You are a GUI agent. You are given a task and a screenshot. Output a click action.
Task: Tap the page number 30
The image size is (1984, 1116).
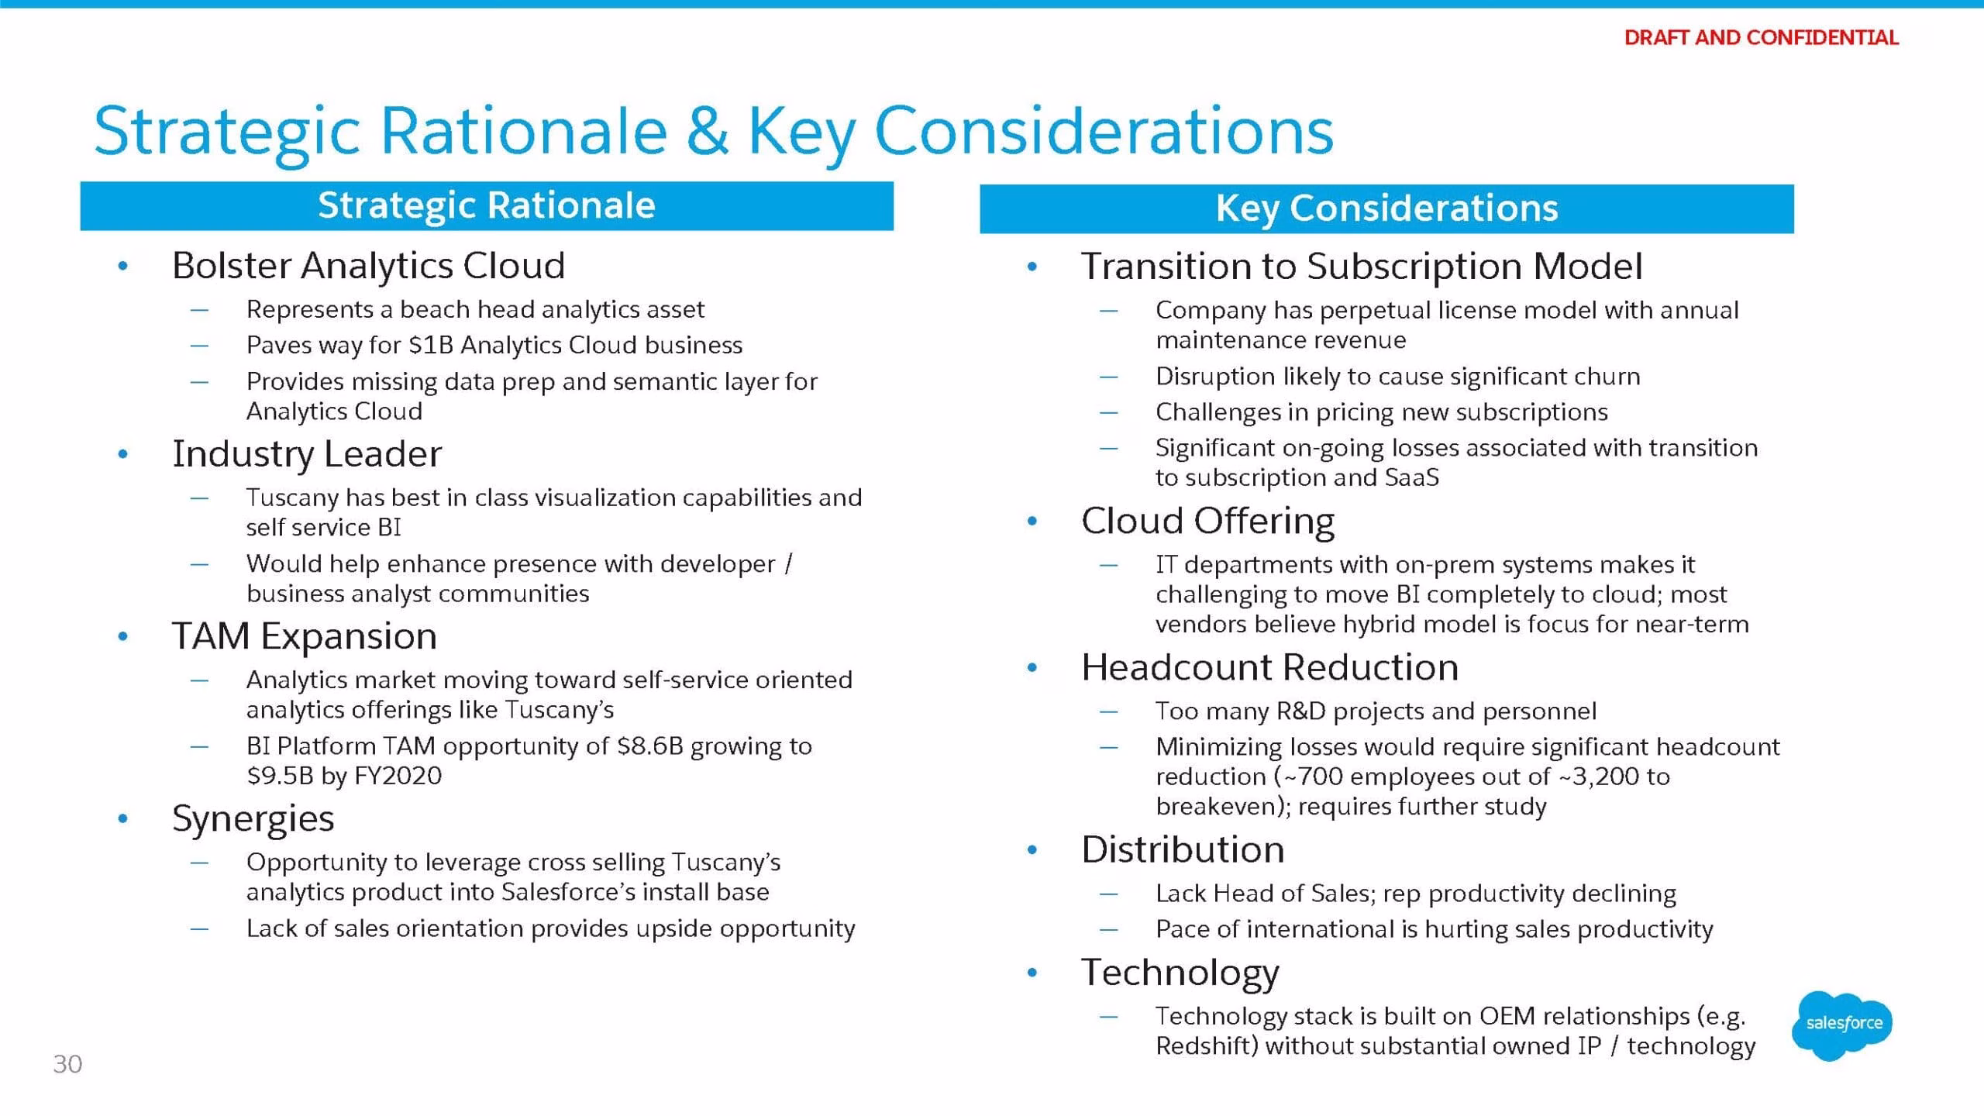67,1064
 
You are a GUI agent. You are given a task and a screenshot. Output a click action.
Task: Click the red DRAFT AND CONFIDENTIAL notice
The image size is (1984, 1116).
1761,37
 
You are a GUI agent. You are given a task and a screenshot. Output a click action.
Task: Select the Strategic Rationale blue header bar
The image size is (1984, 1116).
487,205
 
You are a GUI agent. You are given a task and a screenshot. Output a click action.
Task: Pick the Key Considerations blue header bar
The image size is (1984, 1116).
1386,208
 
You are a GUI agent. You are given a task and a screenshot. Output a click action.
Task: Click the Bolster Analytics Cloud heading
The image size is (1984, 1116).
368,265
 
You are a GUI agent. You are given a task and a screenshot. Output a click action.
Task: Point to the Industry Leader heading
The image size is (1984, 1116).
307,453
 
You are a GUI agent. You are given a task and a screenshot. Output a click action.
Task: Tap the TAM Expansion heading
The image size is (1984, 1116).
305,635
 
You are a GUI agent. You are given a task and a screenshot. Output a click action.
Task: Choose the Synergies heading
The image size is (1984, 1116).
253,818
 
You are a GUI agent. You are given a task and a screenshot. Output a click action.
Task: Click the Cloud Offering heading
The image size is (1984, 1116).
1208,520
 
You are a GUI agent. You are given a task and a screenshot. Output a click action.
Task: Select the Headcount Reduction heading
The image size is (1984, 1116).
1270,666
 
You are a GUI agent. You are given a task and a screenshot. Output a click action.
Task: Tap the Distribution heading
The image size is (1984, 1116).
1183,849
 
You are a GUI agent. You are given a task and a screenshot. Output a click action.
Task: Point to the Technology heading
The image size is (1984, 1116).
1180,973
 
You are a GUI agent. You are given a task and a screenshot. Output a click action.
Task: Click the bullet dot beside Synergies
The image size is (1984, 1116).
122,818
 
